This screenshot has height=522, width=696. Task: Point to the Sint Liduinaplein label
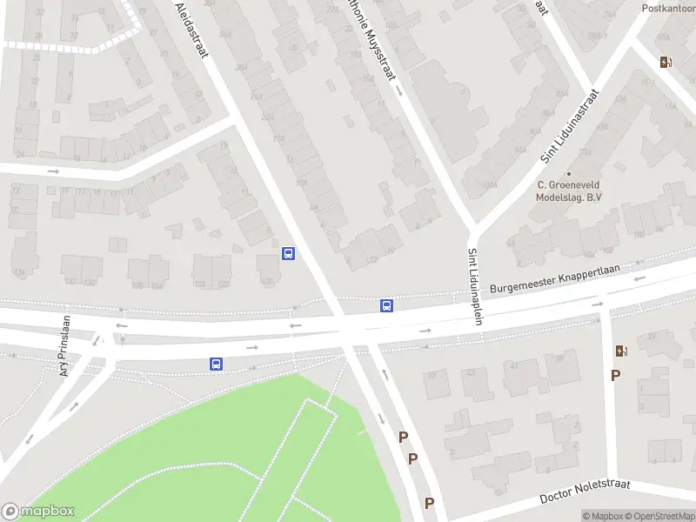click(476, 287)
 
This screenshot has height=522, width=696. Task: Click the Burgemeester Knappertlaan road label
click(554, 280)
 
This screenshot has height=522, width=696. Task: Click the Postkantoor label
click(668, 8)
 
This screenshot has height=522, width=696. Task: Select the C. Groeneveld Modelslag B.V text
click(569, 191)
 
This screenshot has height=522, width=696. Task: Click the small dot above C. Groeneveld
click(569, 173)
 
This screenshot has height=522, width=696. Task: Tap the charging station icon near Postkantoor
click(666, 62)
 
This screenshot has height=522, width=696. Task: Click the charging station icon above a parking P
click(621, 351)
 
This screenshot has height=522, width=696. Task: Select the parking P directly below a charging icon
click(616, 375)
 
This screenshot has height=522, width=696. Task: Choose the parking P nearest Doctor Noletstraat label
click(429, 503)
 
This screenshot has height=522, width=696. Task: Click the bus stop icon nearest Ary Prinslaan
click(216, 364)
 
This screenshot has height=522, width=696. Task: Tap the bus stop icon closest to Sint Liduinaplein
click(386, 305)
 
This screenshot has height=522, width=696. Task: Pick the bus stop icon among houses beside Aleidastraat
click(289, 253)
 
